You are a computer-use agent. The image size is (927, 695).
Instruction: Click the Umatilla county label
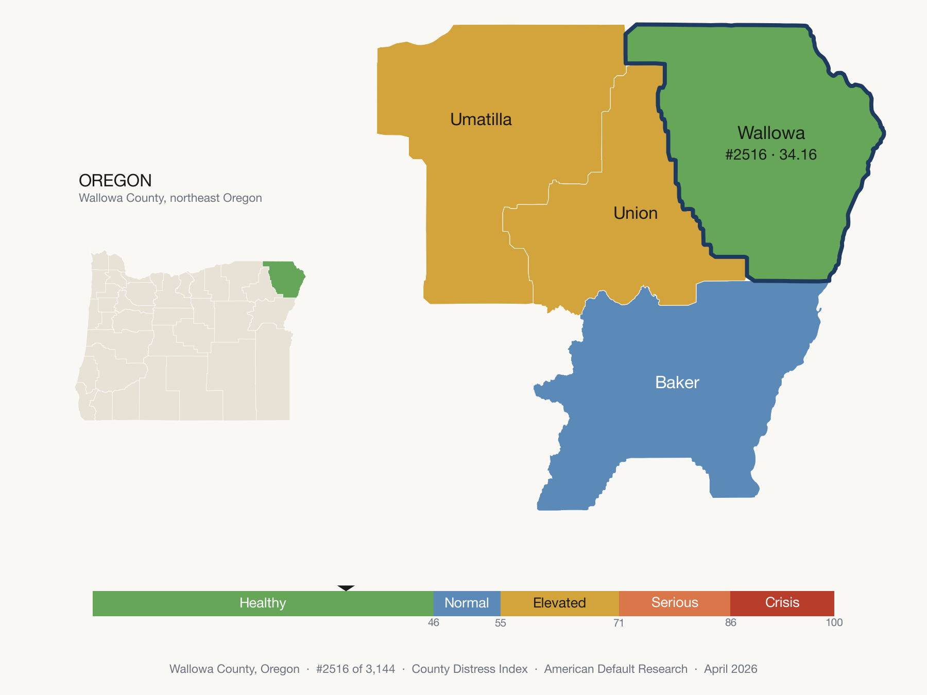pos(481,119)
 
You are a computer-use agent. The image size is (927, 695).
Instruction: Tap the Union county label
pos(636,213)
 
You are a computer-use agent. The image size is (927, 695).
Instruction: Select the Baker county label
pos(677,383)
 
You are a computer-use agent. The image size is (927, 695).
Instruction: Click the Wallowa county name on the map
pos(771,133)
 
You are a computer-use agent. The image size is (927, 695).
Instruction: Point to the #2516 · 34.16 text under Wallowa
pos(771,154)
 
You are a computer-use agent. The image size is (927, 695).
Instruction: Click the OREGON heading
pos(115,181)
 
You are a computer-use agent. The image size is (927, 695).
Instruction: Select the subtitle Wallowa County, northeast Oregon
pos(170,198)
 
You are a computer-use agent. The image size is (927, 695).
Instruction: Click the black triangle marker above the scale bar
pos(346,588)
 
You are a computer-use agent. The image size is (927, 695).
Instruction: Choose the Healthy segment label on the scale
pos(263,603)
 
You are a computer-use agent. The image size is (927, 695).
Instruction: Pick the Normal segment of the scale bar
pos(467,603)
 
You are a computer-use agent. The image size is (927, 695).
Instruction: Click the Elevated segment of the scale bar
pos(559,603)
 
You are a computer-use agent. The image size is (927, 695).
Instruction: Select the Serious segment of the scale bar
pos(675,603)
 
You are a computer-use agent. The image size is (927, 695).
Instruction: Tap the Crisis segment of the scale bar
pos(782,603)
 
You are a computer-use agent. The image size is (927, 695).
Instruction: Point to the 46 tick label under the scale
pos(434,623)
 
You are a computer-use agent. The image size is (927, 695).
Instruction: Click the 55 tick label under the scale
pos(501,623)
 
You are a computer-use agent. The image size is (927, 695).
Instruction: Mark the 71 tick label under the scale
pos(619,623)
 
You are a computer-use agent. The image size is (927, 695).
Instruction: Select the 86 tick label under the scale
pos(731,623)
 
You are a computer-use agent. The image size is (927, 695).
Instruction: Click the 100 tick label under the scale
pos(834,623)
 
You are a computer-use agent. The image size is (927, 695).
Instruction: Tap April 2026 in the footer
pos(731,669)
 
